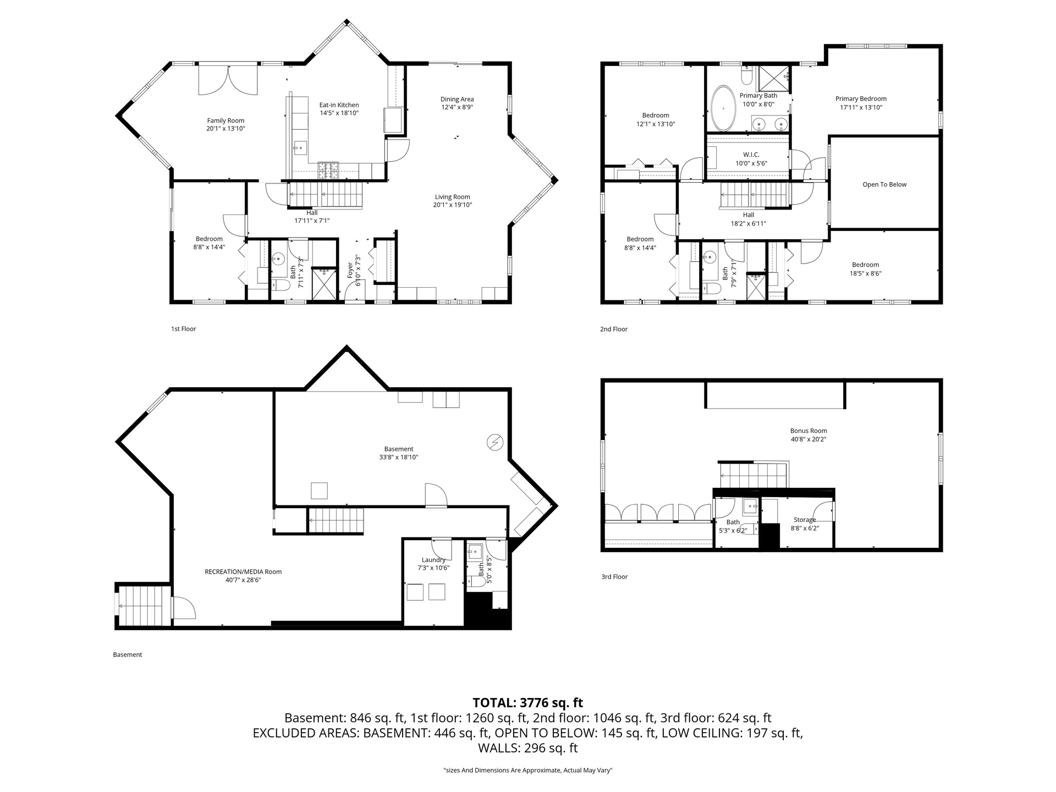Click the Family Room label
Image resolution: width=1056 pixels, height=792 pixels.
coord(226,120)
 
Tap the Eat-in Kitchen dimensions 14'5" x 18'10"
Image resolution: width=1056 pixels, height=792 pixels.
coord(339,113)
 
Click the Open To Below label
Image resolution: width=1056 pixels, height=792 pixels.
coord(884,184)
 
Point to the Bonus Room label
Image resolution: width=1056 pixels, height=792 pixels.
coord(809,431)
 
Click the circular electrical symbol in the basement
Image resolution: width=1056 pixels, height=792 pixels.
coord(495,442)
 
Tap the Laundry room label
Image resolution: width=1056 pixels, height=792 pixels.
coord(433,560)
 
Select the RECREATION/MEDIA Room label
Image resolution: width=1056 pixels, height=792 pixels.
coord(243,571)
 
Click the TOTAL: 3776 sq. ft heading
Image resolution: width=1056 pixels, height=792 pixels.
coord(528,702)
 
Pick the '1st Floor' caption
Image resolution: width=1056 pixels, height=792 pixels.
coord(183,329)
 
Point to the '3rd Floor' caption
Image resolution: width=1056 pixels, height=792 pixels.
coord(614,576)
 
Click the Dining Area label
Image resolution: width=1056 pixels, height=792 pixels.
coord(457,99)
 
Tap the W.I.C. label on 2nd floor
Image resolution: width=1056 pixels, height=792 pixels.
coord(751,155)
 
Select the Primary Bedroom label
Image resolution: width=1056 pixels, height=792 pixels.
coord(861,98)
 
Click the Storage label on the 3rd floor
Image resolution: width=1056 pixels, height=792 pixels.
coord(805,519)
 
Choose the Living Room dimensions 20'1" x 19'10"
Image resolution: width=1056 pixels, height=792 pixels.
coord(453,205)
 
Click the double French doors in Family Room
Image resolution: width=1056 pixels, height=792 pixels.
coord(228,80)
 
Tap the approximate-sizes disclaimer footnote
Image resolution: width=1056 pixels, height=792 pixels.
coord(528,771)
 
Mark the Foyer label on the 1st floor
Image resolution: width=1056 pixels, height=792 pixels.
coord(350,270)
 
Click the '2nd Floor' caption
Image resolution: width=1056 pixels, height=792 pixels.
coord(614,329)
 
